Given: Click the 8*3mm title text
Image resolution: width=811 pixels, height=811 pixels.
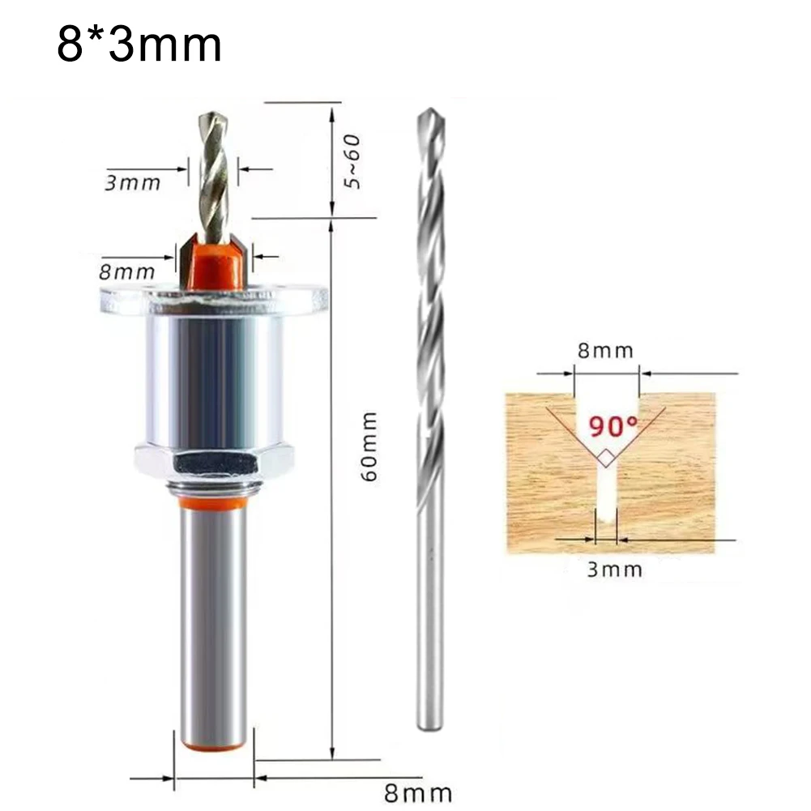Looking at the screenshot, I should pyautogui.click(x=139, y=45).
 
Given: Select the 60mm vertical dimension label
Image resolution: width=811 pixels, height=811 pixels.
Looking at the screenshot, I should pyautogui.click(x=369, y=446).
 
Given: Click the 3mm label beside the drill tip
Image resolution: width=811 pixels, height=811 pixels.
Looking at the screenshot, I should pyautogui.click(x=133, y=182).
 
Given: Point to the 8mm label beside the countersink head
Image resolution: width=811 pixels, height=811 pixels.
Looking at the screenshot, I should pyautogui.click(x=126, y=272).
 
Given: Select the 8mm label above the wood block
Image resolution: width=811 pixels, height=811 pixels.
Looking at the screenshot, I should pyautogui.click(x=606, y=351).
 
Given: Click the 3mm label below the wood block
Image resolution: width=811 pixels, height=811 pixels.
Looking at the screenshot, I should pyautogui.click(x=614, y=569).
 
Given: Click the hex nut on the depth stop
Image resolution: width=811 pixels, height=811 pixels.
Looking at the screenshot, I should pyautogui.click(x=214, y=463).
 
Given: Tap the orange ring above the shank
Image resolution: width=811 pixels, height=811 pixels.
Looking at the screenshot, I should pyautogui.click(x=214, y=503).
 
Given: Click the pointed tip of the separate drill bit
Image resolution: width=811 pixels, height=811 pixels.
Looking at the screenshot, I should pyautogui.click(x=430, y=114).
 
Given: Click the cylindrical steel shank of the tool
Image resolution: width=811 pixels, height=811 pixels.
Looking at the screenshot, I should pyautogui.click(x=214, y=624).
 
